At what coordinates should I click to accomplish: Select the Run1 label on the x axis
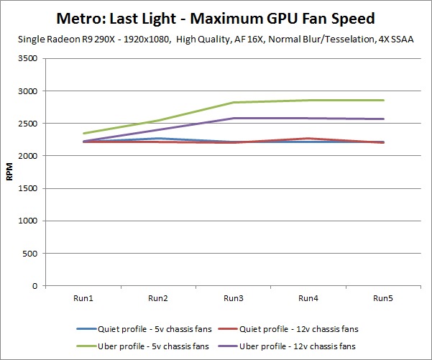pyautogui.click(x=82, y=298)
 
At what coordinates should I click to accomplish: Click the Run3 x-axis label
pyautogui.click(x=233, y=298)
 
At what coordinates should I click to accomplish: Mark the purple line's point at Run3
pyautogui.click(x=233, y=118)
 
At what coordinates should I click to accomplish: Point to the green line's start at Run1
pyautogui.click(x=83, y=134)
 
